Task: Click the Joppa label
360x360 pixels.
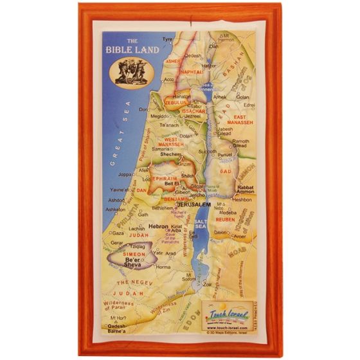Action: [125, 174]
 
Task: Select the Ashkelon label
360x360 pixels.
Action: [116, 209]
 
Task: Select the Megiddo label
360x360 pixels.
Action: [159, 116]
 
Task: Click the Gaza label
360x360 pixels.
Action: [118, 233]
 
